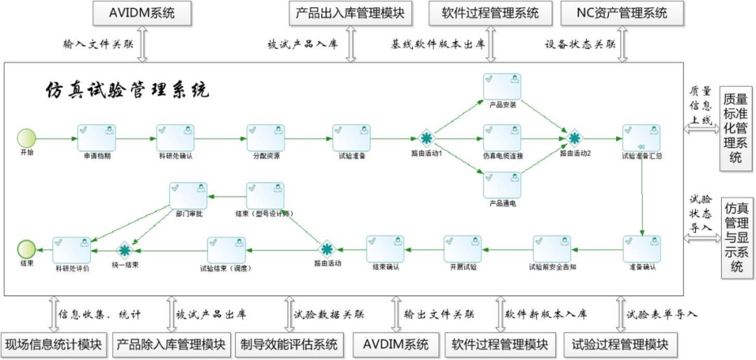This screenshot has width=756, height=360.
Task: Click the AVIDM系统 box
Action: pyautogui.click(x=142, y=13)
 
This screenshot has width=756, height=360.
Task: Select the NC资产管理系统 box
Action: pyautogui.click(x=622, y=13)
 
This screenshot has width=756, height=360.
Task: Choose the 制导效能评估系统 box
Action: pyautogui.click(x=288, y=345)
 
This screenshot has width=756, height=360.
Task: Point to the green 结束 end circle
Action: pyautogui.click(x=26, y=249)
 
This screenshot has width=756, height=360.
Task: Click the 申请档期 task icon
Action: pyautogui.click(x=97, y=137)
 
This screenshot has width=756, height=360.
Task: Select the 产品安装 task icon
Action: pyautogui.click(x=502, y=87)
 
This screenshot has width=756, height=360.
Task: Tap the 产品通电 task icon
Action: pyautogui.click(x=502, y=185)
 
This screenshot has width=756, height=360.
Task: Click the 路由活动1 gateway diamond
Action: pyautogui.click(x=426, y=138)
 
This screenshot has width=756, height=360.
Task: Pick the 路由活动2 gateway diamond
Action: pyautogui.click(x=575, y=137)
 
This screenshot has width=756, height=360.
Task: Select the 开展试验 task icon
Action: pyautogui.click(x=463, y=249)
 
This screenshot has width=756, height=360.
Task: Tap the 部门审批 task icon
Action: pyautogui.click(x=188, y=195)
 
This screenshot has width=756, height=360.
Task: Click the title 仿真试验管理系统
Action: pyautogui.click(x=127, y=90)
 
